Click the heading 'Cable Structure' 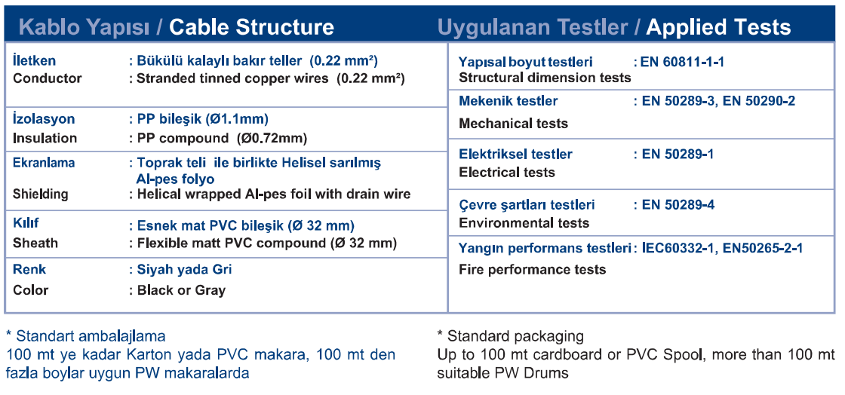pos(251,27)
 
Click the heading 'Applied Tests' pos(718,27)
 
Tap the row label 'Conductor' pos(48,78)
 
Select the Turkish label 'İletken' pos(34,61)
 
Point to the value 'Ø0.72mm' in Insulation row pos(272,138)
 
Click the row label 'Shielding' pos(41,194)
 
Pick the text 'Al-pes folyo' pos(175,179)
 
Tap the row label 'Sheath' pos(35,243)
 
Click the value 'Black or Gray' pos(181,291)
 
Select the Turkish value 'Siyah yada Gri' pos(184,269)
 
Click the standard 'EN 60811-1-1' pos(682,62)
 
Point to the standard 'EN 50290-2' pos(759,100)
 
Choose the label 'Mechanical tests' pos(513,124)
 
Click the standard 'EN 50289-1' pos(678,154)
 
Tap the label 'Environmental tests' pos(524,223)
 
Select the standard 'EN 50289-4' pos(678,204)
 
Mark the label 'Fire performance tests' pos(533,270)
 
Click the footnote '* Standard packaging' pos(510,337)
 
